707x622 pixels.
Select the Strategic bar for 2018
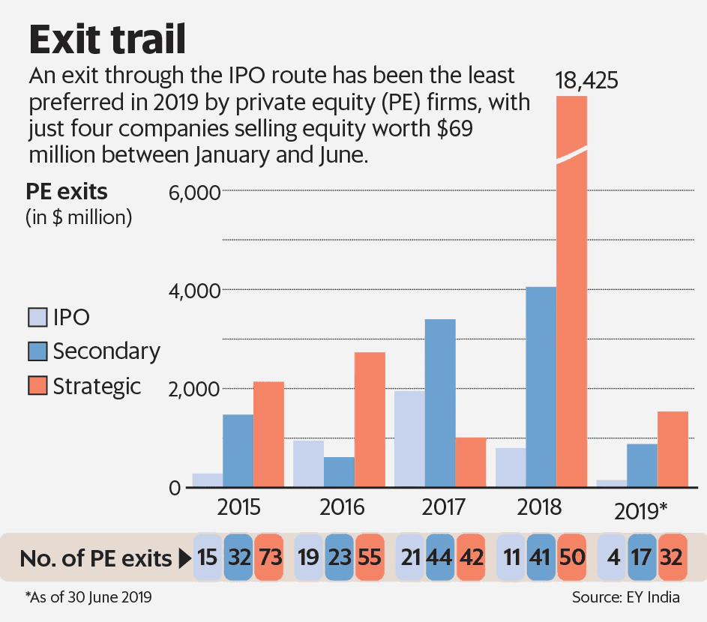572,300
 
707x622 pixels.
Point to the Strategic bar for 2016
370,420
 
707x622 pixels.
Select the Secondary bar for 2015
238,450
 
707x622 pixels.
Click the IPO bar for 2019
612,483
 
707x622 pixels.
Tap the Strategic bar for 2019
673,449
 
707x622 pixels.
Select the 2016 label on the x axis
342,508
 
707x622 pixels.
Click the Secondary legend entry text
106,351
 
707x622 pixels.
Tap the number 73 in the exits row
269,558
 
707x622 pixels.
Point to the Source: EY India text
625,598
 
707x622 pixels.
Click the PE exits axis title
67,192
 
